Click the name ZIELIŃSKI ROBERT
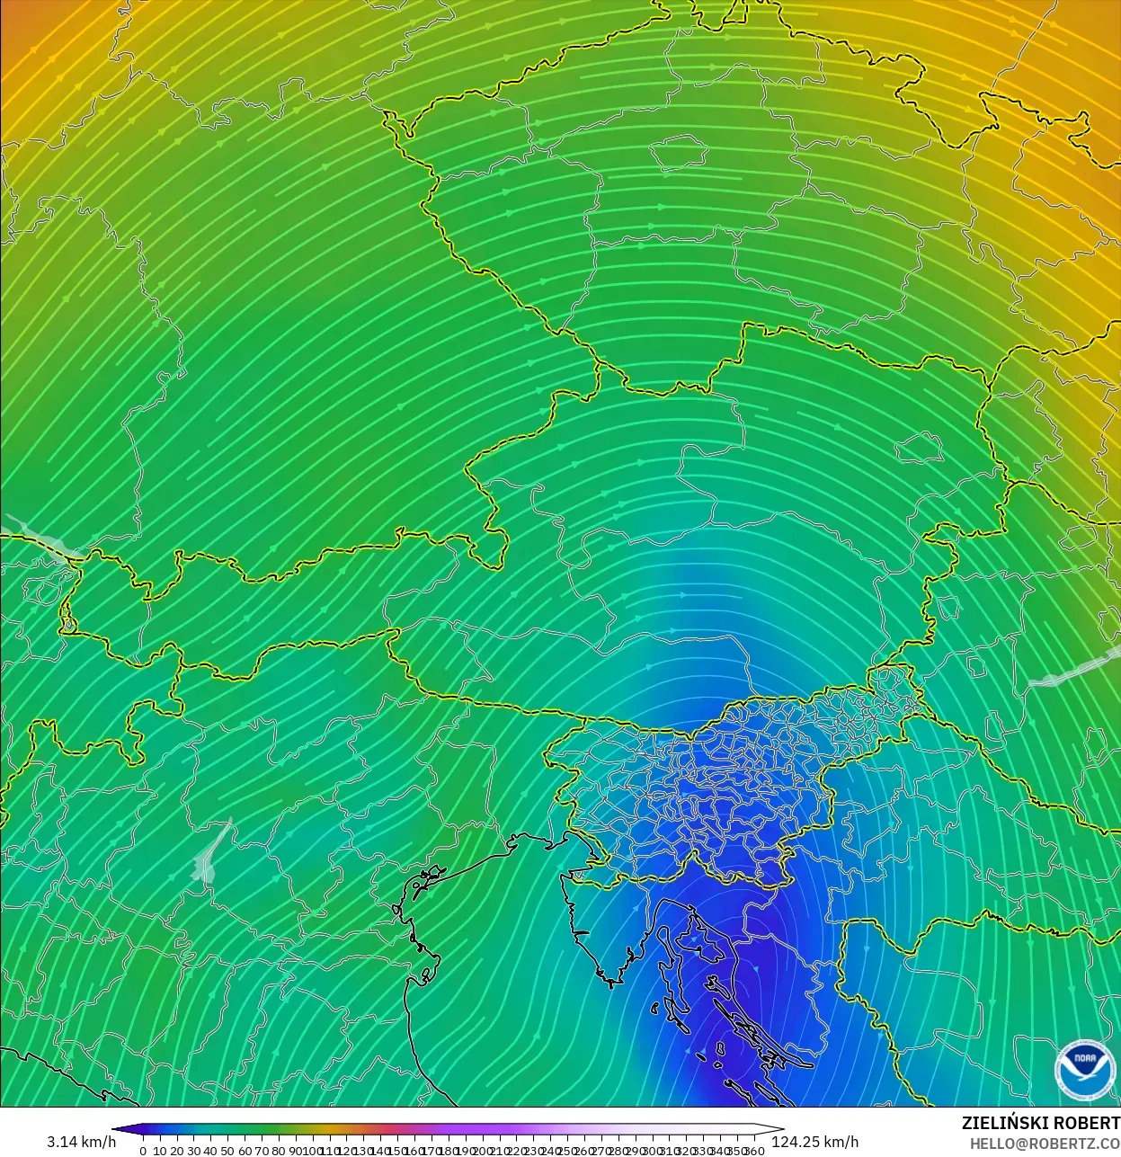pos(1040,1123)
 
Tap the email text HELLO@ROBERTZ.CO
pos(1044,1144)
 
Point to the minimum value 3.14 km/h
pos(81,1142)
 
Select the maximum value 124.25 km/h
pos(815,1142)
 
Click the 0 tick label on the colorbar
pos(143,1151)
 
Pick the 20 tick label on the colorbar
pos(176,1151)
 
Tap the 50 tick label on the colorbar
pos(227,1151)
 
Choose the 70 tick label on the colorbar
pos(262,1151)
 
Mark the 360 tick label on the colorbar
pos(755,1151)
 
